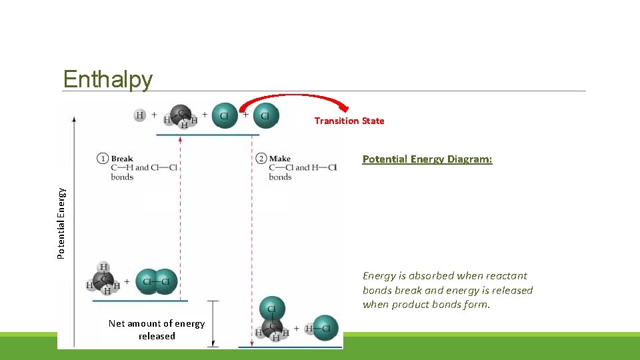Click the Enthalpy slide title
pyautogui.click(x=107, y=79)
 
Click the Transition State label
pyautogui.click(x=349, y=121)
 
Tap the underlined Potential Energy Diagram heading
pyautogui.click(x=427, y=159)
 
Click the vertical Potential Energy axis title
pyautogui.click(x=61, y=223)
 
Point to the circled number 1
pyautogui.click(x=103, y=159)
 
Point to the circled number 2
pyautogui.click(x=261, y=159)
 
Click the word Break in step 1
pyautogui.click(x=122, y=159)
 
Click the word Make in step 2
pyautogui.click(x=280, y=159)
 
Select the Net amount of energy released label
pyautogui.click(x=157, y=329)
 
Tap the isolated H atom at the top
pyautogui.click(x=139, y=115)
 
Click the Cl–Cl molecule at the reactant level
pyautogui.click(x=156, y=281)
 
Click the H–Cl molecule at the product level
pyautogui.click(x=321, y=328)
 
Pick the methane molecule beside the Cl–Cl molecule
pyautogui.click(x=103, y=279)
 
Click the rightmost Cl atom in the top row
pyautogui.click(x=265, y=115)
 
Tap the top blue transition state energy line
pyautogui.click(x=207, y=135)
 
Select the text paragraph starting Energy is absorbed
pyautogui.click(x=447, y=290)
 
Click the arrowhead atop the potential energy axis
pyautogui.click(x=74, y=118)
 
